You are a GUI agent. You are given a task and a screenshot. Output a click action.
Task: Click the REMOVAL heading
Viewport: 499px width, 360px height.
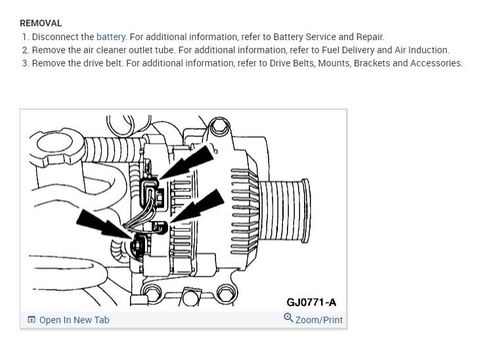41,23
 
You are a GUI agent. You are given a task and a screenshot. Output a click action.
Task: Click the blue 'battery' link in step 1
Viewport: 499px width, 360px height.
111,37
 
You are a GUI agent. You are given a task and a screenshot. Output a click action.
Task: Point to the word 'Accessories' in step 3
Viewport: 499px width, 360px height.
436,63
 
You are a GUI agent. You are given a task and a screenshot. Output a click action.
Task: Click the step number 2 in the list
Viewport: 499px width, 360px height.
25,50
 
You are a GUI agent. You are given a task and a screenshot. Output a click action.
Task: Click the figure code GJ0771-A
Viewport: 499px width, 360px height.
311,302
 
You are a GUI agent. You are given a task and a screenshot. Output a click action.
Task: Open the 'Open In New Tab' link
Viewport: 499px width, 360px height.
74,320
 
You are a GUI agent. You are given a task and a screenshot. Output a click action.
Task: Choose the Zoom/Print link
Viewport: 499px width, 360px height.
319,320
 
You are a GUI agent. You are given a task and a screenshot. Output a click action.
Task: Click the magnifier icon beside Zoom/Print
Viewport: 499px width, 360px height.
288,318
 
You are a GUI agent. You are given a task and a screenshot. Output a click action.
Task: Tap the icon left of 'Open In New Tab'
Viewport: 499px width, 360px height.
32,320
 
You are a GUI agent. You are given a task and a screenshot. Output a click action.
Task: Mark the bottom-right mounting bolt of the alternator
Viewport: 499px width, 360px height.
225,292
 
